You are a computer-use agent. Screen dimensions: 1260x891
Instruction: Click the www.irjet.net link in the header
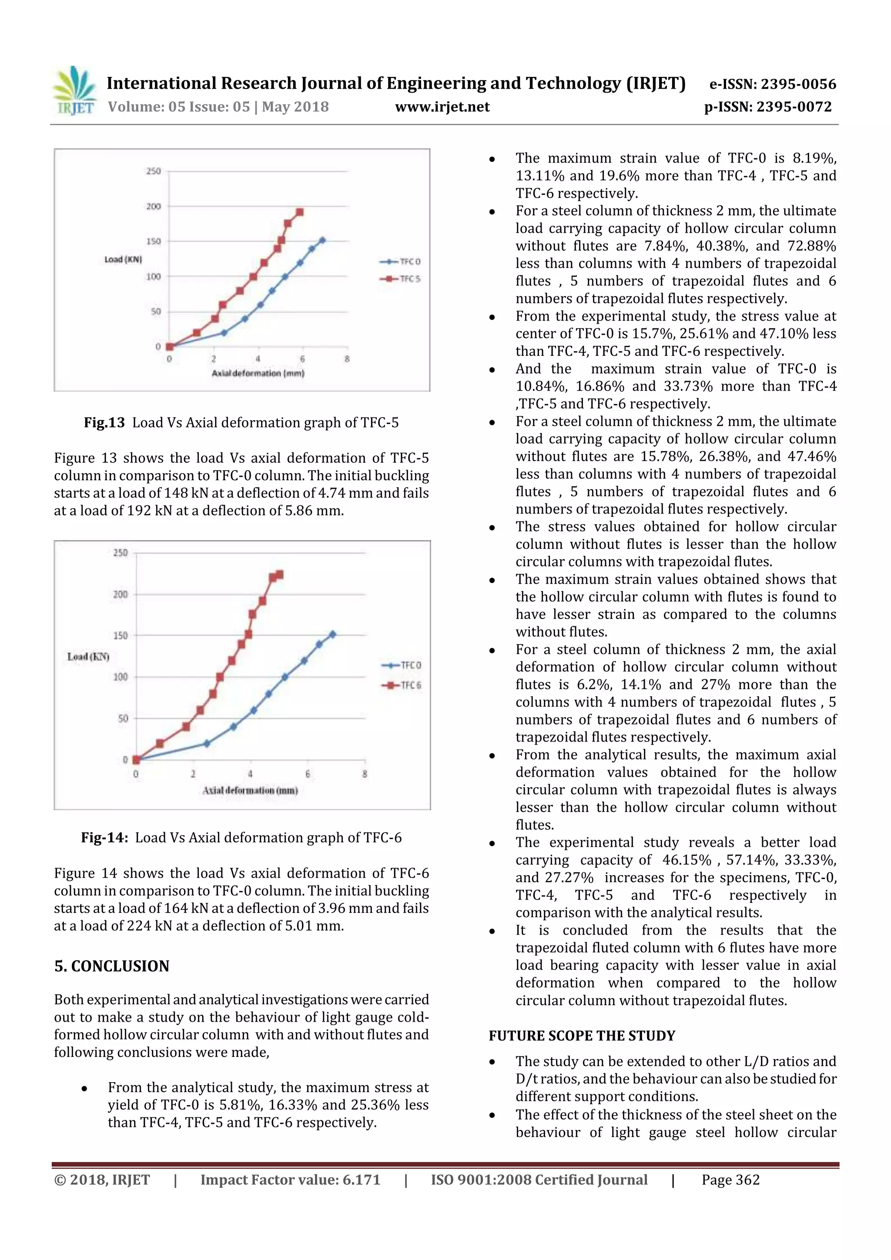tap(442, 107)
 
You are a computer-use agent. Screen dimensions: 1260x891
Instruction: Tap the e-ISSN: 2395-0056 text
tap(772, 84)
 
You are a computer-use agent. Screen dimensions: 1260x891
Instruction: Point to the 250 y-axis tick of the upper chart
tap(153, 171)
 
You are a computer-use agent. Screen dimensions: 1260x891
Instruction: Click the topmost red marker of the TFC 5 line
tap(300, 212)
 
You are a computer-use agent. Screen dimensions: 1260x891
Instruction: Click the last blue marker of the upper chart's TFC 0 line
tap(322, 240)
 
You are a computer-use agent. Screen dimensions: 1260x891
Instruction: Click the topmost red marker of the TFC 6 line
tap(279, 575)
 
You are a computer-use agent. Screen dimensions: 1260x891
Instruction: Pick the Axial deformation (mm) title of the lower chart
tap(250, 790)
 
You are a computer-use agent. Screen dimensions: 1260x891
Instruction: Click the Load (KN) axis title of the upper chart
tap(123, 259)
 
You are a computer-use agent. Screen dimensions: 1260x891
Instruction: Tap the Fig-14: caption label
tap(104, 837)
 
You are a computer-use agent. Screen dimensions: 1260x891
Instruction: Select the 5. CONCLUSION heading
tap(111, 966)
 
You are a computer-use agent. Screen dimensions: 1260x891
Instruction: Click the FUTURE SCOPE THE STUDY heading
tap(582, 1036)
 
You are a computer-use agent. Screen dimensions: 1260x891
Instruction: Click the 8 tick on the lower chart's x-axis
tap(365, 774)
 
